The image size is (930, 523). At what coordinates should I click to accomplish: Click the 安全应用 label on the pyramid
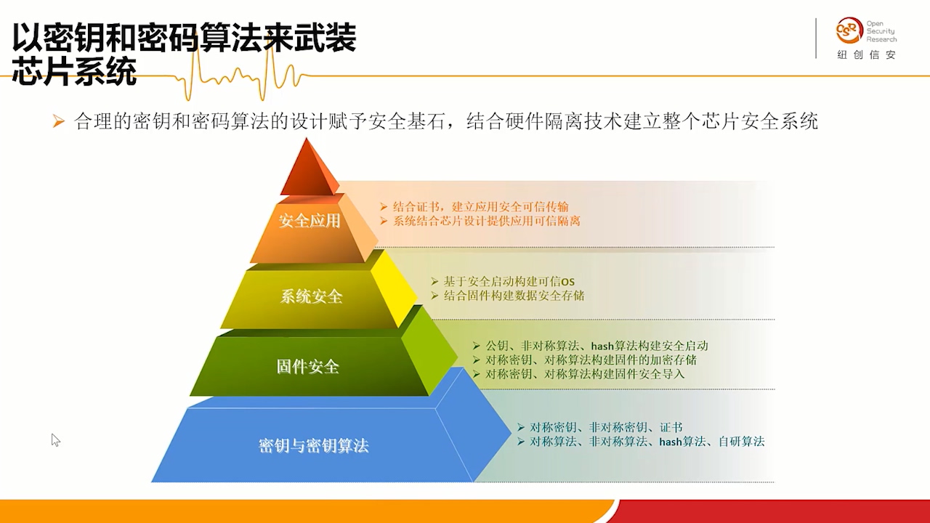tap(310, 221)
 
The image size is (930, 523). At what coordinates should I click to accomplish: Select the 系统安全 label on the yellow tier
tap(311, 296)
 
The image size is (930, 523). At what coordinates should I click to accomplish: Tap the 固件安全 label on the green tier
tap(307, 367)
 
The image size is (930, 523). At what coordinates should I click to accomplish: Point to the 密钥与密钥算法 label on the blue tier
tap(313, 446)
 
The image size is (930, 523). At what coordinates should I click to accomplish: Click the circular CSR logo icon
tap(849, 31)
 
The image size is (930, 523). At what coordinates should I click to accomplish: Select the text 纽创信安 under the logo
tap(866, 54)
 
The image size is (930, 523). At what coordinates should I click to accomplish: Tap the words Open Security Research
tap(881, 31)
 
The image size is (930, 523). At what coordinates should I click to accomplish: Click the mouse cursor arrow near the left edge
tap(56, 440)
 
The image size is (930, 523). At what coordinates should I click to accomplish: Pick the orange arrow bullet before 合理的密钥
tap(59, 121)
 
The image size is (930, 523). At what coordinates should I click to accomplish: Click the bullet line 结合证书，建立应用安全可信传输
tap(480, 207)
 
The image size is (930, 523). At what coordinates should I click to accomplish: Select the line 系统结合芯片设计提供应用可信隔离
tap(486, 221)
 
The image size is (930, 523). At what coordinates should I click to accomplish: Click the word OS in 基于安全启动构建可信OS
tap(567, 283)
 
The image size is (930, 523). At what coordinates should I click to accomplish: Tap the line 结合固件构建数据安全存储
tap(514, 296)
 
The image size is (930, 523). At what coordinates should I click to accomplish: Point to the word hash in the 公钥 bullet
tap(602, 346)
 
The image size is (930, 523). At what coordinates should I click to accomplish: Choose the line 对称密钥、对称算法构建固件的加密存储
tap(591, 360)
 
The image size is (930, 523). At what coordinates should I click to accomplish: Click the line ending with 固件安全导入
tap(585, 374)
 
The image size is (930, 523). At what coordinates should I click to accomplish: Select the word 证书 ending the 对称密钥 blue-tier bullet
tap(671, 427)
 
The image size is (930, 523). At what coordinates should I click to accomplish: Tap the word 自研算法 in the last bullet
tap(742, 441)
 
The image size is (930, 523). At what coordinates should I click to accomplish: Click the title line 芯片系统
tap(75, 71)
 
